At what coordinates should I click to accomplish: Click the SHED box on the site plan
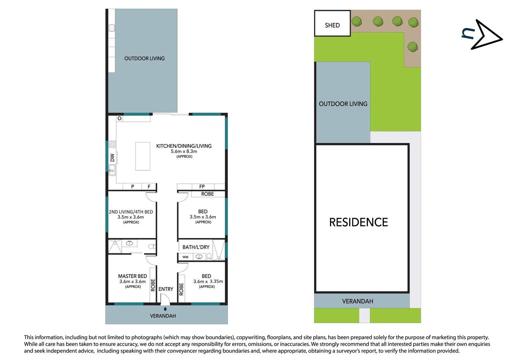pos(332,23)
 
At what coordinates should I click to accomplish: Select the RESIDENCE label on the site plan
pos(358,222)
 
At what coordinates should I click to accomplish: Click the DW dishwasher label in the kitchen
pos(112,158)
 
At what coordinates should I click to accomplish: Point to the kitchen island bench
pos(143,156)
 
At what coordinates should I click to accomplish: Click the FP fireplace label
pos(202,187)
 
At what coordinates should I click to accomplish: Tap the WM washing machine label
pos(185,257)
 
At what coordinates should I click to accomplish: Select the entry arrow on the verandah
pos(165,309)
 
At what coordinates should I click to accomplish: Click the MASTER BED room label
pos(132,276)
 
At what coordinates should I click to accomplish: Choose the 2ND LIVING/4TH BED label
pos(131,212)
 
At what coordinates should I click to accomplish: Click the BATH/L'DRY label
pos(196,247)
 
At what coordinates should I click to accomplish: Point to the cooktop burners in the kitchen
pos(112,144)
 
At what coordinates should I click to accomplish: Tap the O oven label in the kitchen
pos(120,118)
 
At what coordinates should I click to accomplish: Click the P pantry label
pos(133,187)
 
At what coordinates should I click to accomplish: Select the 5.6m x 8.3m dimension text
pos(184,151)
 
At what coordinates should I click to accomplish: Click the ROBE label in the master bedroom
pos(153,285)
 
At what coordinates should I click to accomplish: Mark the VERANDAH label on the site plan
pos(357,301)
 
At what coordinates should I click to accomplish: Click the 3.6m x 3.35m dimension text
pos(208,281)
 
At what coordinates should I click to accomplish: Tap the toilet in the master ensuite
pos(152,247)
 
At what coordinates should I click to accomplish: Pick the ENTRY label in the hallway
pos(166,289)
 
